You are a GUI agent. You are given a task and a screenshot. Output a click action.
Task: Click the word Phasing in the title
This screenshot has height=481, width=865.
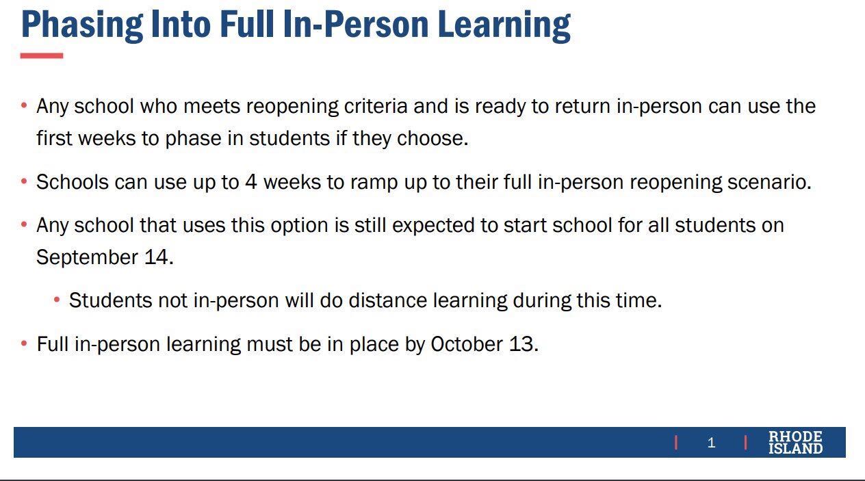tap(82, 25)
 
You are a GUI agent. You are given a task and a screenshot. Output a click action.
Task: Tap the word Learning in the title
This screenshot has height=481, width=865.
tap(504, 25)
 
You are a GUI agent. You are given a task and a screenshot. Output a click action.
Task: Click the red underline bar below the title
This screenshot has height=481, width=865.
tap(42, 55)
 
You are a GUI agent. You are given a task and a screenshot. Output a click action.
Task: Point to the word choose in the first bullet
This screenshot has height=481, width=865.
tap(432, 138)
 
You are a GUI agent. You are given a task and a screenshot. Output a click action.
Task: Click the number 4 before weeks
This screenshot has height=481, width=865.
tap(251, 182)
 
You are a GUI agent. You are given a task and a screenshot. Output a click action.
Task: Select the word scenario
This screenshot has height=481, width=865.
tap(770, 182)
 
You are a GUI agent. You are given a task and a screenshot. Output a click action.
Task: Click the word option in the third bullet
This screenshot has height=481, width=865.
tap(299, 225)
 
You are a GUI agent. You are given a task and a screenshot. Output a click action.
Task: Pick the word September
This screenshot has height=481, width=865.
tap(87, 258)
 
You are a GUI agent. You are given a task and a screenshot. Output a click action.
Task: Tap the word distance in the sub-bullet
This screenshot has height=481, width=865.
tap(388, 300)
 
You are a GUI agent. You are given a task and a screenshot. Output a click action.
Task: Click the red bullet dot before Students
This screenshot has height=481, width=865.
tap(57, 300)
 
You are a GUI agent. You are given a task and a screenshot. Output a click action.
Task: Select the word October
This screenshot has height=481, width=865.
tap(467, 344)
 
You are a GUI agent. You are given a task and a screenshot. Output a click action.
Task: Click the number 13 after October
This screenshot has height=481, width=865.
tap(524, 344)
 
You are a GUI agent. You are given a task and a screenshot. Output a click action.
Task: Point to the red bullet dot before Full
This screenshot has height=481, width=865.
tap(24, 343)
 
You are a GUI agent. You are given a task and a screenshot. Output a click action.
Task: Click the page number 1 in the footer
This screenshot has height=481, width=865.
tap(711, 443)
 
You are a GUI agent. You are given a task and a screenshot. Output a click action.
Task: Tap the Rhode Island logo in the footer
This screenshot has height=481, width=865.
tap(795, 443)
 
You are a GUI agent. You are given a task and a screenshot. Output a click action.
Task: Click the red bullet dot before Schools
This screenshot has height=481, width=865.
tap(24, 181)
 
